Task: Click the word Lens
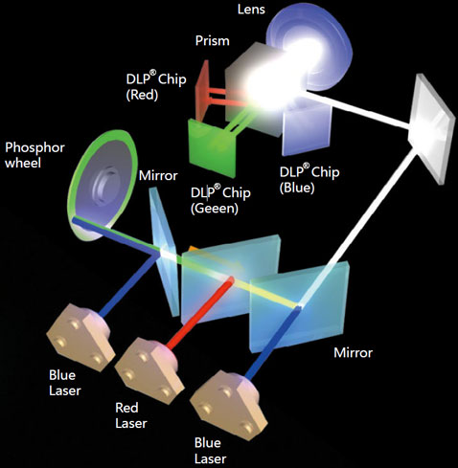251,10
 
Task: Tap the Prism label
213,41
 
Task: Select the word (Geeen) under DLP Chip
215,209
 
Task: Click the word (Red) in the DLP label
142,95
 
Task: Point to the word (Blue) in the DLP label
297,188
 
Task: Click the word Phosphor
34,148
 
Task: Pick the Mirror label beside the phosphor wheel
158,175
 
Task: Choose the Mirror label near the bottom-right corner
353,353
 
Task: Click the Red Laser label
131,415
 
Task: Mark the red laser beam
200,313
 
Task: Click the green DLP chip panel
213,148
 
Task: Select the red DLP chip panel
202,91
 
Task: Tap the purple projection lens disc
309,52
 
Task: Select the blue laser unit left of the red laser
80,337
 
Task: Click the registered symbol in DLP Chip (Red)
153,73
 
